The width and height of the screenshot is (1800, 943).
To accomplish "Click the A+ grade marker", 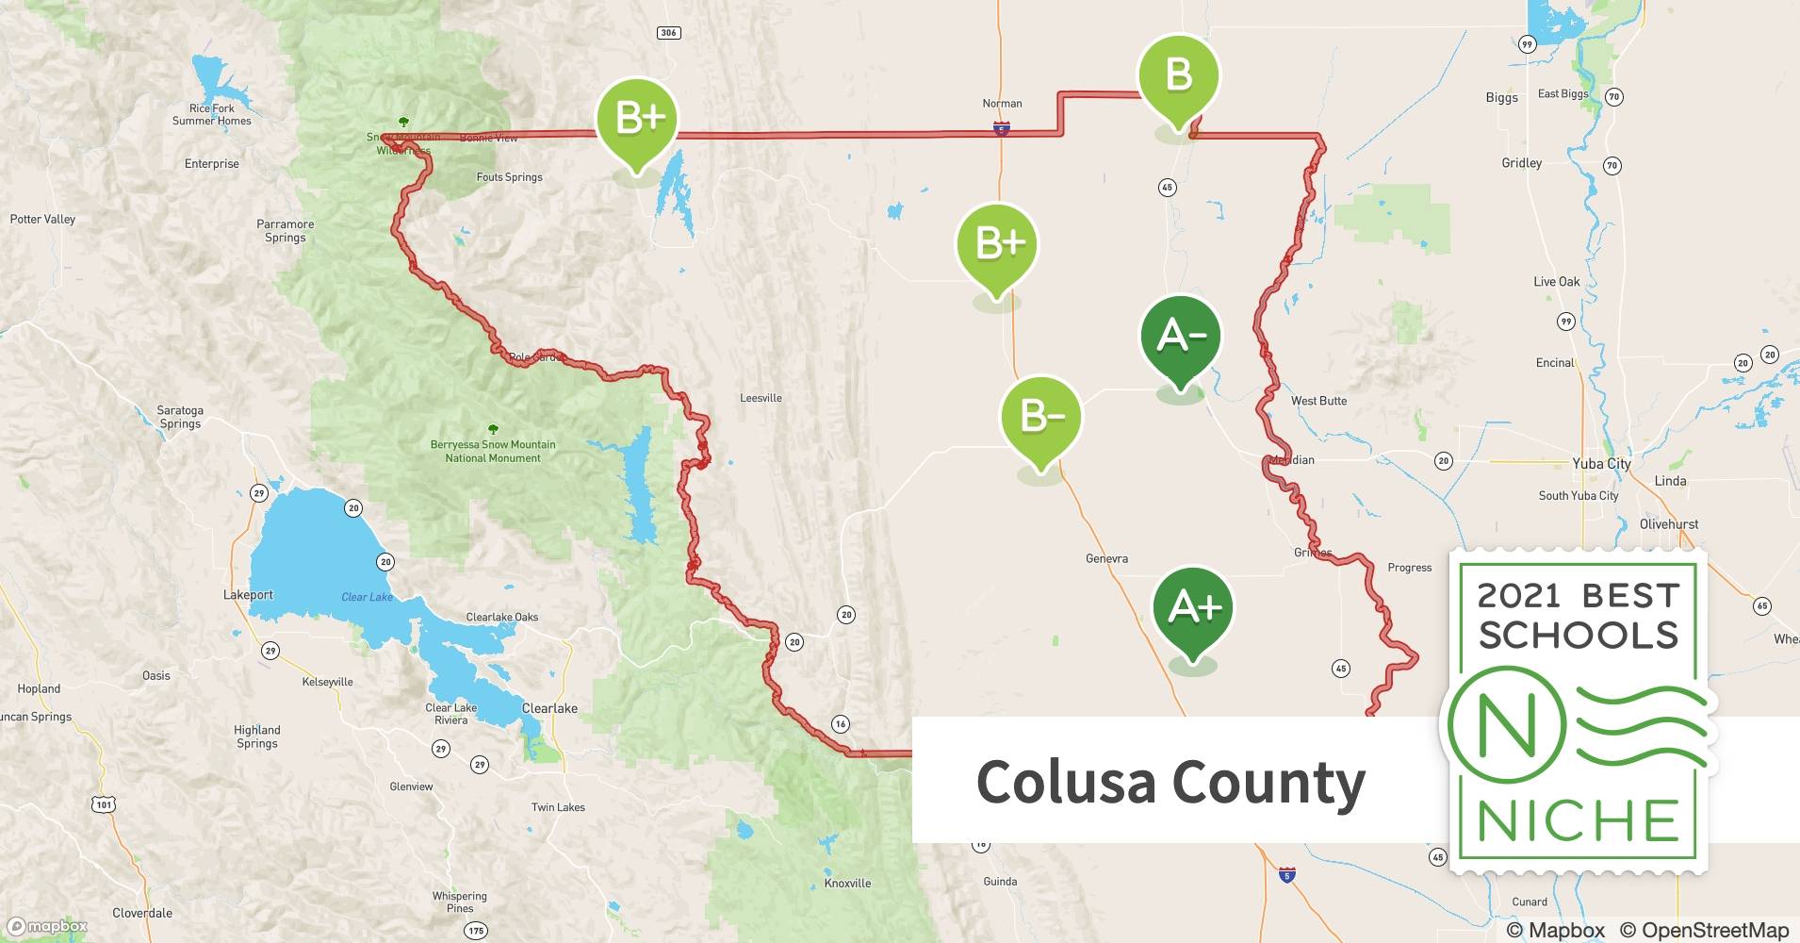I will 1193,608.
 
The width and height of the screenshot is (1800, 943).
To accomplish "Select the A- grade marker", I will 1180,337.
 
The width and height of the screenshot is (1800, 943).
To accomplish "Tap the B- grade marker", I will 1041,418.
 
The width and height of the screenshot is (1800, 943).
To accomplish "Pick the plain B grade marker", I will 1178,75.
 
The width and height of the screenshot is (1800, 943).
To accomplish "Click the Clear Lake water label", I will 367,597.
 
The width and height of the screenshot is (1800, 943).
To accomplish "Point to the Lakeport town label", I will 248,595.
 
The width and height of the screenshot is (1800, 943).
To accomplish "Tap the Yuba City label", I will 1601,463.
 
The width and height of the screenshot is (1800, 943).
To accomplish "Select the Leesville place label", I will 761,398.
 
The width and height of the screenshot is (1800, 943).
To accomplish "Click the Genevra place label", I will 1106,558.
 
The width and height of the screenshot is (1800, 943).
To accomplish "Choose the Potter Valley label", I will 42,219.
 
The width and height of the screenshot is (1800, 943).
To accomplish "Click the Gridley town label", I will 1521,163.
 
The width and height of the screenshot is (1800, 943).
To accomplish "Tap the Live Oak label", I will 1556,281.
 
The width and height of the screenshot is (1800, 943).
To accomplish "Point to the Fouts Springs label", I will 509,176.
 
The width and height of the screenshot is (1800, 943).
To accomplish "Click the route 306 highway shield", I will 668,33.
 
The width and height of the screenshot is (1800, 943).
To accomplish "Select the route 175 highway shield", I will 476,931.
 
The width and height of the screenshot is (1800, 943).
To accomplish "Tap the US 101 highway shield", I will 104,803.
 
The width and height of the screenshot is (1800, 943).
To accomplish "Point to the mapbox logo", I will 47,926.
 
